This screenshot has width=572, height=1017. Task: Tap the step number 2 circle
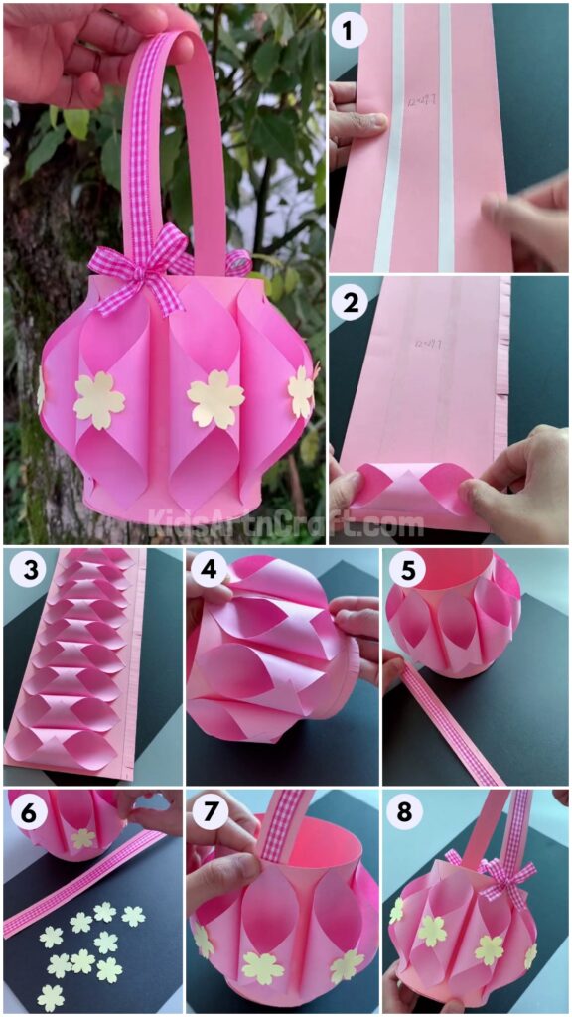click(350, 303)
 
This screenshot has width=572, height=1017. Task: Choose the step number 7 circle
click(209, 813)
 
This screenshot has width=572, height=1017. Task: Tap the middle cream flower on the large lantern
click(215, 399)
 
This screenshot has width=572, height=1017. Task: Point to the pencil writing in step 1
click(417, 100)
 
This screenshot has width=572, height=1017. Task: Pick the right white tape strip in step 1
click(445, 139)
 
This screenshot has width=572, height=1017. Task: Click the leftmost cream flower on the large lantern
click(98, 400)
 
